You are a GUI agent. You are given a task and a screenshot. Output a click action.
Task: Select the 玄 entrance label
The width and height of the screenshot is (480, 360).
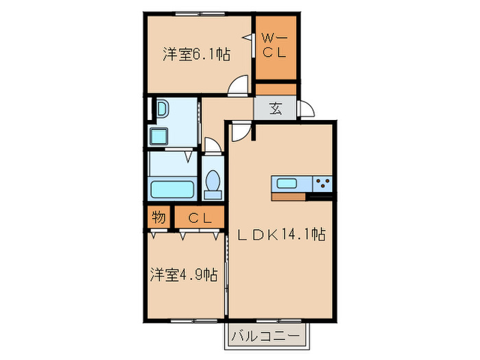click(x=275, y=108)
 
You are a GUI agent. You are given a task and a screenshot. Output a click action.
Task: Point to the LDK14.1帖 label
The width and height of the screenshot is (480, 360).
click(x=281, y=235)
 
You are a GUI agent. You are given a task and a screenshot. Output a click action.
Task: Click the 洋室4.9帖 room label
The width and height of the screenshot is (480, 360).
click(x=184, y=276)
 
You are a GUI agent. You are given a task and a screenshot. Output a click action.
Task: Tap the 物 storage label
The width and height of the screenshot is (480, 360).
click(x=158, y=218)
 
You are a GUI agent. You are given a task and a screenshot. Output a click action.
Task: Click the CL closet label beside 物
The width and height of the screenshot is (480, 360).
click(x=199, y=219)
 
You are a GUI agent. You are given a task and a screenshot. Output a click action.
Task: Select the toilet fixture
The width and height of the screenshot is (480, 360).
click(x=213, y=182)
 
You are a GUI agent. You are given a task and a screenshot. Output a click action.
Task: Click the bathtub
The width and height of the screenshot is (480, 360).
click(x=172, y=188)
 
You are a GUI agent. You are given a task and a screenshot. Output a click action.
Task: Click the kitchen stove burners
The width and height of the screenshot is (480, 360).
click(x=322, y=183)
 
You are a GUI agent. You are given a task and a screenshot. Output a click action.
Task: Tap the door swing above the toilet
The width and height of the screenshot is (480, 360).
click(x=213, y=146)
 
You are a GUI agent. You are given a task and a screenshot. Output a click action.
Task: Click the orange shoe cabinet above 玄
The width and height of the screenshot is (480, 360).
click(x=276, y=89)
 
